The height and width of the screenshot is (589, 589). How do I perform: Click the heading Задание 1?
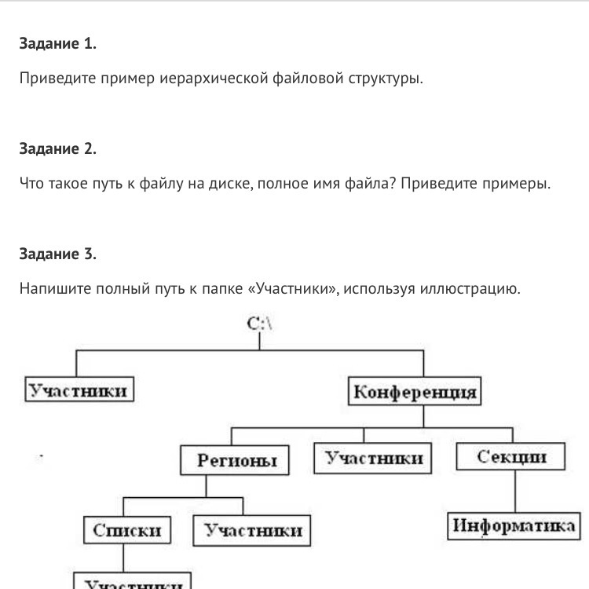pyautogui.click(x=58, y=44)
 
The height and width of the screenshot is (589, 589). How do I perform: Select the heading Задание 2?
pyautogui.click(x=58, y=149)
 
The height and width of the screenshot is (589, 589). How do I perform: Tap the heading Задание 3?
pyautogui.click(x=58, y=254)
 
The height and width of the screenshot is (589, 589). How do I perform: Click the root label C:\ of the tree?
pyautogui.click(x=260, y=324)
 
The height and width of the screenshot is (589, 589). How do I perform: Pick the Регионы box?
pyautogui.click(x=233, y=460)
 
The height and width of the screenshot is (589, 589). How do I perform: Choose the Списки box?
pyautogui.click(x=126, y=530)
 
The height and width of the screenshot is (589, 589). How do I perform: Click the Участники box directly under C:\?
pyautogui.click(x=77, y=390)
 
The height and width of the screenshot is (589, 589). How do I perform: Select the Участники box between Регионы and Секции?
pyautogui.click(x=375, y=458)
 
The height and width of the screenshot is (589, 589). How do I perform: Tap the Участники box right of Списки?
pyautogui.click(x=252, y=530)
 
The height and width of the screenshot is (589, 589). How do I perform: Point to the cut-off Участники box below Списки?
pyautogui.click(x=132, y=582)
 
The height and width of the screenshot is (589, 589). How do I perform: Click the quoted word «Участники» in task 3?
pyautogui.click(x=292, y=289)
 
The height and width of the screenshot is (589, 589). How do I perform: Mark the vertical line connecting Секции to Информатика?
pyautogui.click(x=514, y=492)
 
